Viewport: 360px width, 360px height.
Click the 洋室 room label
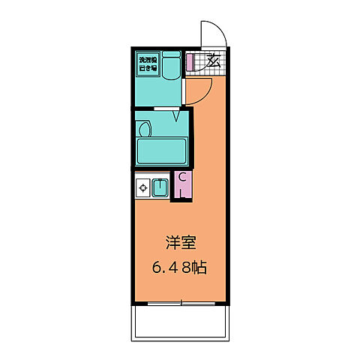(x=181, y=244)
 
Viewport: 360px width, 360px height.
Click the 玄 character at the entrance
(x=213, y=61)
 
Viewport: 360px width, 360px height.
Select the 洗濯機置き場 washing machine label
(x=147, y=63)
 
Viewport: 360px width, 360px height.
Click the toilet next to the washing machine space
(x=170, y=66)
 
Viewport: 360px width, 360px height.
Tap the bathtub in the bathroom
(x=161, y=151)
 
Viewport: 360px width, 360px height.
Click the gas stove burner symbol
(x=142, y=187)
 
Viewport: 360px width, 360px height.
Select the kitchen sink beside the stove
(x=159, y=187)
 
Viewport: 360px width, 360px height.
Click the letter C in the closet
(x=181, y=178)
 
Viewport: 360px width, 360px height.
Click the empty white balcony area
(x=181, y=323)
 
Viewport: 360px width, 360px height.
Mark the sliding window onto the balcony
(x=180, y=304)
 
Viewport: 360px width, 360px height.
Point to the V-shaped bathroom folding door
(x=177, y=114)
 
